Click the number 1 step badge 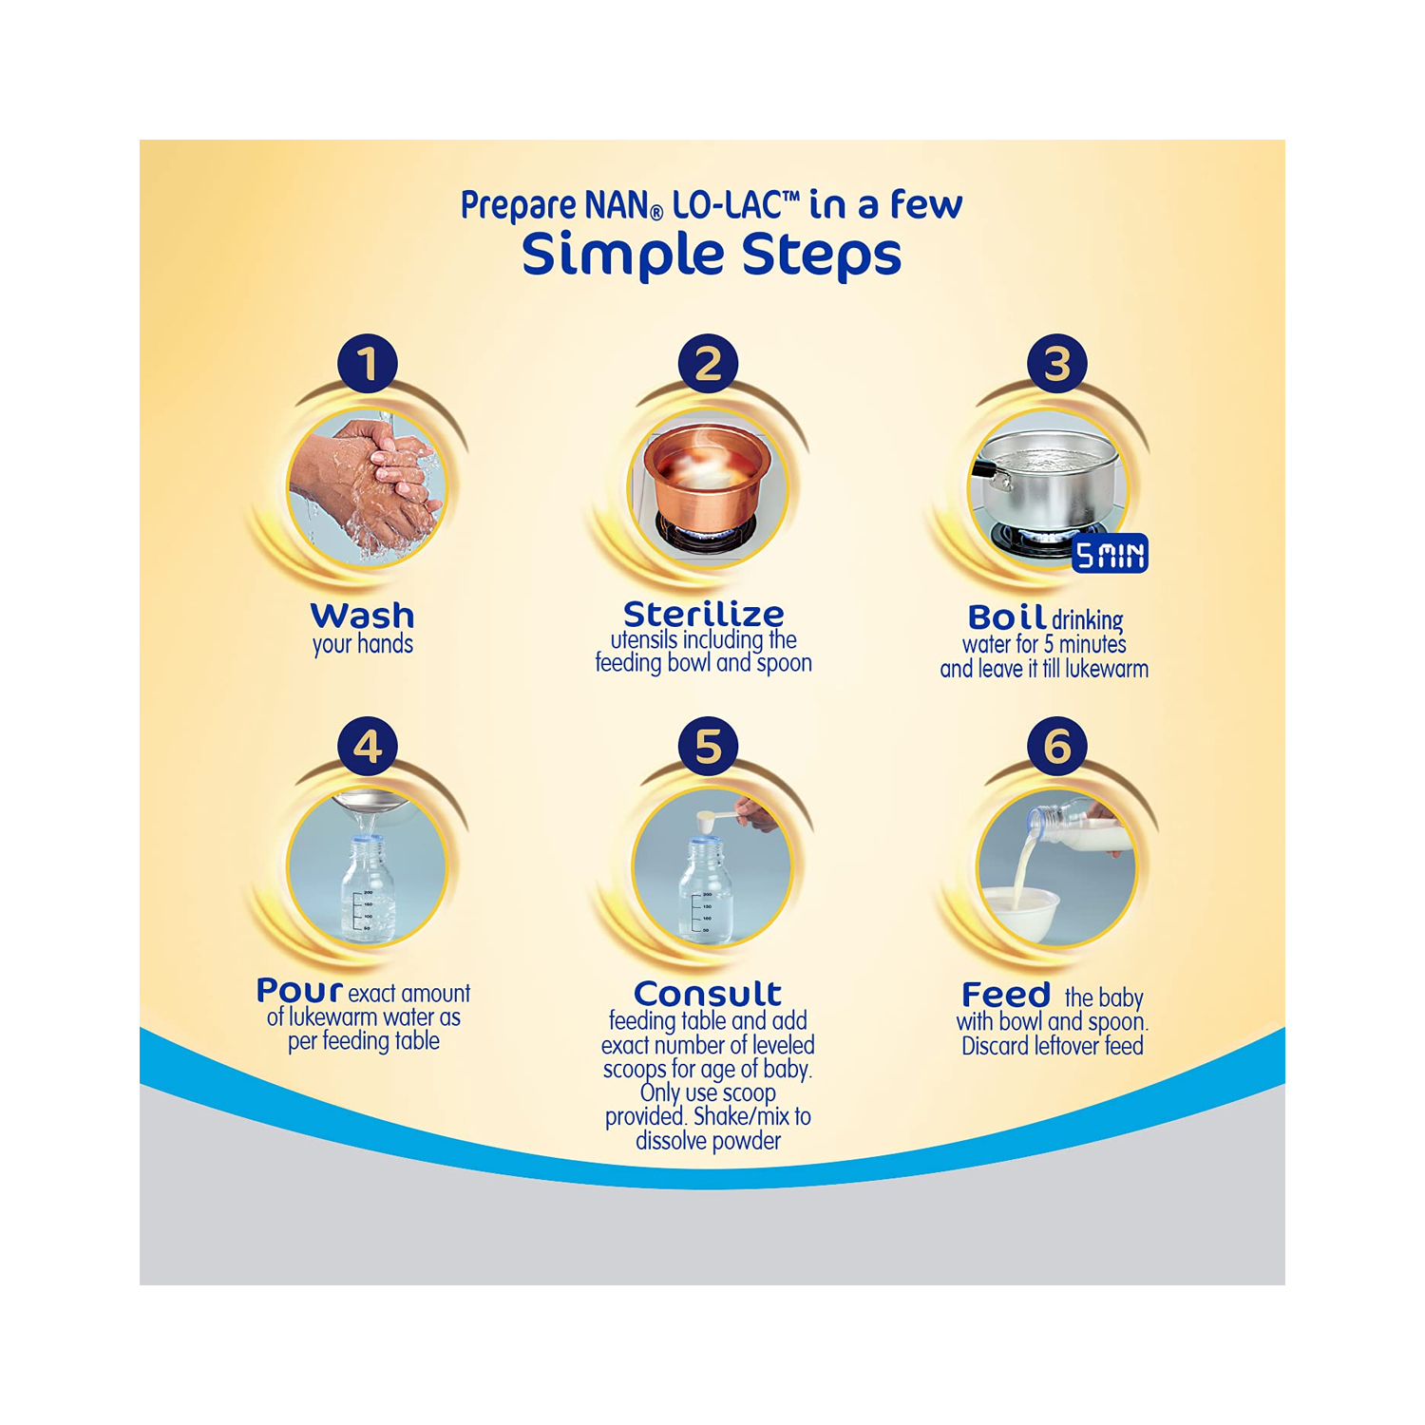click(x=368, y=364)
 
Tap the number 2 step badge click(x=708, y=364)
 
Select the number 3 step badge click(x=1056, y=364)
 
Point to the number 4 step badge click(x=368, y=747)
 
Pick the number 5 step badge click(x=708, y=747)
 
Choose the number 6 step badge click(x=1056, y=747)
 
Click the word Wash click(x=362, y=616)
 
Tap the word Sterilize click(x=703, y=614)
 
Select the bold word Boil click(x=1006, y=617)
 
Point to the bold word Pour click(x=299, y=991)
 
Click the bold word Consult click(x=708, y=994)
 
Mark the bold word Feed click(x=1006, y=995)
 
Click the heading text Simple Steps click(x=712, y=255)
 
